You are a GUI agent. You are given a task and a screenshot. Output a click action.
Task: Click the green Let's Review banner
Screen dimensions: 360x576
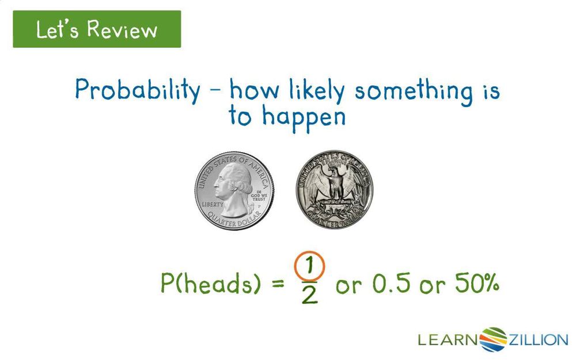(x=97, y=29)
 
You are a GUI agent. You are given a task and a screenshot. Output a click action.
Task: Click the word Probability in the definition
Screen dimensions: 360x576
(x=137, y=91)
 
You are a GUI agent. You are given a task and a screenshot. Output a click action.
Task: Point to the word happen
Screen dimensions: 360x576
(x=304, y=117)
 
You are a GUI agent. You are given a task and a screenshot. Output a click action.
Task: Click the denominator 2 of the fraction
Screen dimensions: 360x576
(x=309, y=295)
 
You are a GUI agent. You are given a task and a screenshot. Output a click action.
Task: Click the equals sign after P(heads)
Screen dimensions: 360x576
(x=278, y=284)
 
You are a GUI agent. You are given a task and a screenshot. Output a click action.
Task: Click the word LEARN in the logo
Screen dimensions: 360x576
(x=448, y=339)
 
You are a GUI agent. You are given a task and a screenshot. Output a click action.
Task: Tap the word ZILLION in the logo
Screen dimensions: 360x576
(x=537, y=339)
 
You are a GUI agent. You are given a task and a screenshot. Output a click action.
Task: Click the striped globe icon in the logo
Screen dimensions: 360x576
(x=492, y=339)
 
